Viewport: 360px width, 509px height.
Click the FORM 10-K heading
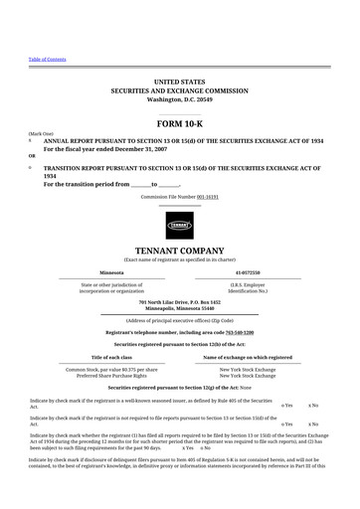click(179, 120)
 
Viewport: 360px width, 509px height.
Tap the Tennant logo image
click(179, 222)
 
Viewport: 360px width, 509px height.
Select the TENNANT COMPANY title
click(179, 250)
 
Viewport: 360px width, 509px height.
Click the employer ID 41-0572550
click(249, 271)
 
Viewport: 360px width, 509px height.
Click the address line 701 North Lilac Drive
click(179, 301)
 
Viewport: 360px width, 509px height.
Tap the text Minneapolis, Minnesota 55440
click(179, 308)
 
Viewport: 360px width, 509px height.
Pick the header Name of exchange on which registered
click(248, 356)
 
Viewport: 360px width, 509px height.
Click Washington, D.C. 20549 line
click(179, 100)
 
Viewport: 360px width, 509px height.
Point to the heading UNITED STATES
click(179, 79)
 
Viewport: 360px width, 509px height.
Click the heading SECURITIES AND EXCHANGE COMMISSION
click(179, 89)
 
